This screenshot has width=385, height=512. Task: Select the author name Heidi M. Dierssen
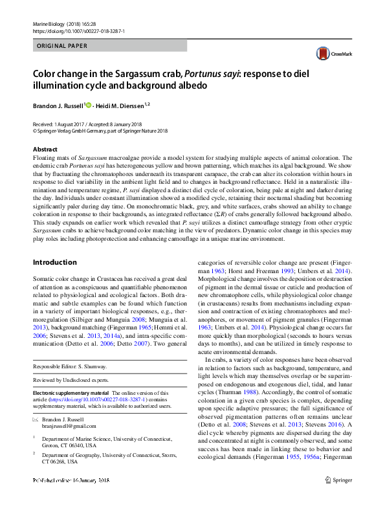coord(120,104)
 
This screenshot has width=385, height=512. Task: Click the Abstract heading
coord(44,150)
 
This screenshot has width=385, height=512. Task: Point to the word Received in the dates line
coord(43,124)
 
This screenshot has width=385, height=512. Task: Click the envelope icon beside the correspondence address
coord(36,420)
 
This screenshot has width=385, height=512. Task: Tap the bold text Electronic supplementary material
coord(71,393)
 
